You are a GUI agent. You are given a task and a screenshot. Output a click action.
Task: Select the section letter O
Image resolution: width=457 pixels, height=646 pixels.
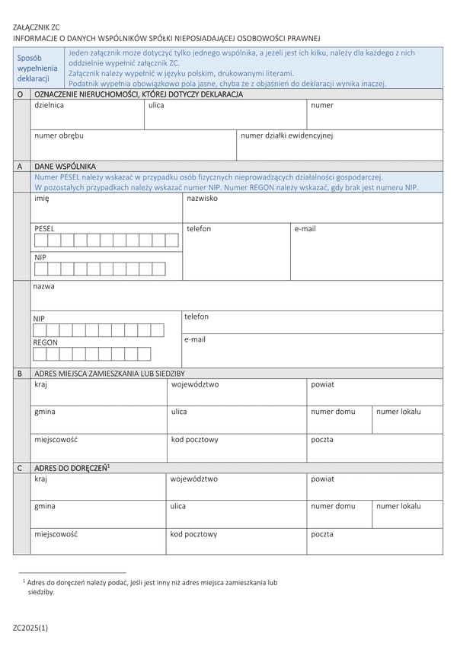pyautogui.click(x=20, y=94)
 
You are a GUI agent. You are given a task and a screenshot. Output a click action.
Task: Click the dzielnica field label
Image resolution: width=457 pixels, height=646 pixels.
pyautogui.click(x=50, y=105)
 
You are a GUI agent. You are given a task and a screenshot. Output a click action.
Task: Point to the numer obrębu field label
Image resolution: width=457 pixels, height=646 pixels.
pyautogui.click(x=59, y=135)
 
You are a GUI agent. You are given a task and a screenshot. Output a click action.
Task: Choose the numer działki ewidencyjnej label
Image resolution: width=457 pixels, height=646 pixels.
pyautogui.click(x=286, y=135)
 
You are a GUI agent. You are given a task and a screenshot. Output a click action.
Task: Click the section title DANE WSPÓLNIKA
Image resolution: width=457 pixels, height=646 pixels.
pyautogui.click(x=66, y=165)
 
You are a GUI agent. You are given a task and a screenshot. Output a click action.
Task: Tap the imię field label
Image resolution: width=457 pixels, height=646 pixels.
pyautogui.click(x=42, y=198)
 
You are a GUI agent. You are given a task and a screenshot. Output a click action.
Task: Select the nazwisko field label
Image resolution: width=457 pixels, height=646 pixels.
pyautogui.click(x=203, y=198)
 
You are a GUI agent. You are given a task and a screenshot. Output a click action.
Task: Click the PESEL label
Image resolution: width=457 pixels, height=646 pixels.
pyautogui.click(x=45, y=228)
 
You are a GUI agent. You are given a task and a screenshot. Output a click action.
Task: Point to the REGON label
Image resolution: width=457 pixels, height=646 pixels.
pyautogui.click(x=46, y=342)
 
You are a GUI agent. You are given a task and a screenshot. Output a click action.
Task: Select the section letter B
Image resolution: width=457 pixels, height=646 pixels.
pyautogui.click(x=20, y=374)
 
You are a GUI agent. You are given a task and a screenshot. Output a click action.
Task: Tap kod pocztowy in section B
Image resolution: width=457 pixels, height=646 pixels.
pyautogui.click(x=195, y=439)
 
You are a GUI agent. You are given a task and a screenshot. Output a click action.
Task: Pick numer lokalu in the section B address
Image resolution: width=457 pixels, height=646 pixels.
pyautogui.click(x=398, y=412)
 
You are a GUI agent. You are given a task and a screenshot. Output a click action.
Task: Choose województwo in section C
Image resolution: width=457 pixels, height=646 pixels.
pyautogui.click(x=194, y=479)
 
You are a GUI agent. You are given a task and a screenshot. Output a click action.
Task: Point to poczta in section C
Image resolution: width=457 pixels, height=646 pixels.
pyautogui.click(x=322, y=533)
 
